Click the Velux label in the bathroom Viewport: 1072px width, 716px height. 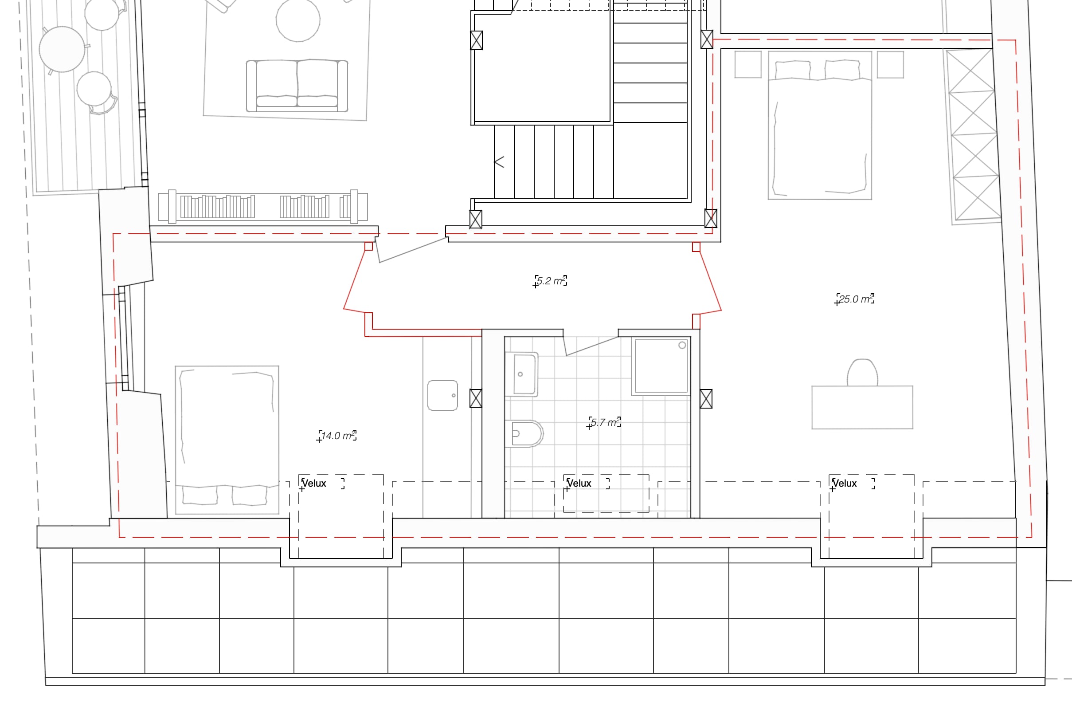(579, 483)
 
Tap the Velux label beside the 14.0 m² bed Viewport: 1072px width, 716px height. (314, 483)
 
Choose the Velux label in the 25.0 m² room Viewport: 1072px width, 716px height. (845, 483)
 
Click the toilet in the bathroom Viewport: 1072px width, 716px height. (524, 433)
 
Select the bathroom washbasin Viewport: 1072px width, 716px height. (522, 374)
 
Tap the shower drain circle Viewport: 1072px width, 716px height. (682, 345)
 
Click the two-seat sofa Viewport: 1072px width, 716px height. (297, 86)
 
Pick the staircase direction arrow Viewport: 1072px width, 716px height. (499, 162)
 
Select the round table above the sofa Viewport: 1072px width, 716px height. (298, 20)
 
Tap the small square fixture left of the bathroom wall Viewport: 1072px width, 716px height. (442, 395)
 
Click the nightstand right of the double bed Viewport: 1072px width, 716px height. (890, 64)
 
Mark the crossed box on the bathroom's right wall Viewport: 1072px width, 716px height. (706, 399)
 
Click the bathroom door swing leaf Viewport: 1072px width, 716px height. (591, 346)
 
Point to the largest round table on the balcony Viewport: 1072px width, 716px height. (62, 49)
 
